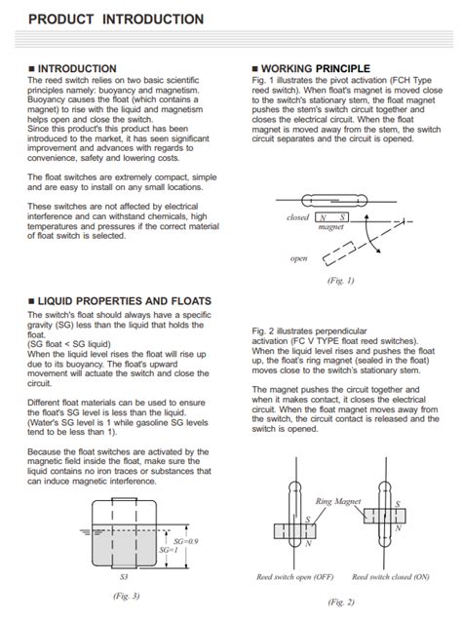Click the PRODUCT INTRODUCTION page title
pyautogui.click(x=116, y=19)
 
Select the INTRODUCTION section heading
pyautogui.click(x=74, y=68)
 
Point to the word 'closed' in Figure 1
pyautogui.click(x=297, y=217)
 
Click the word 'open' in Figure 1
pyautogui.click(x=299, y=258)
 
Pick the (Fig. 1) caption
pyautogui.click(x=340, y=281)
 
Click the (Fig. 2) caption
pyautogui.click(x=340, y=602)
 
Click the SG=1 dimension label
pyautogui.click(x=169, y=549)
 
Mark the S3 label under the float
pyautogui.click(x=122, y=577)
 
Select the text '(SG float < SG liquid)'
pyautogui.click(x=71, y=343)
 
